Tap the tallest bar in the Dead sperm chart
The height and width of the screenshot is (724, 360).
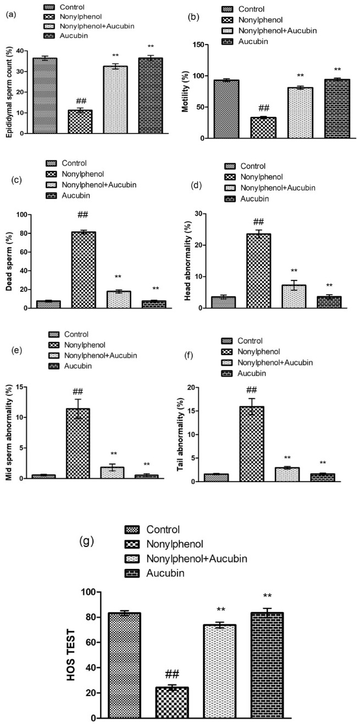click(x=84, y=270)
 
